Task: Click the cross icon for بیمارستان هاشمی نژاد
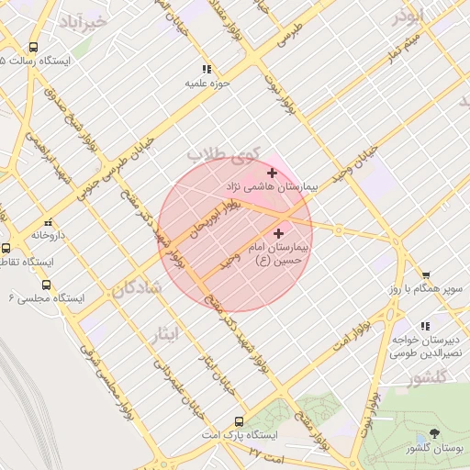pos(272,173)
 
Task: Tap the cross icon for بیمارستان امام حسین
pos(279,234)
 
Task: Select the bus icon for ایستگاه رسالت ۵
pos(34,47)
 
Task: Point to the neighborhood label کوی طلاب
pos(224,153)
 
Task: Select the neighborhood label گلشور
pos(426,377)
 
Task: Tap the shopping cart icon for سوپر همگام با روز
pos(426,274)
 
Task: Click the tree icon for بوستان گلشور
pos(435,433)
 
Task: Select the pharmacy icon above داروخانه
pos(48,221)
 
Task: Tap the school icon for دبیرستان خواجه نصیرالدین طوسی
pos(424,326)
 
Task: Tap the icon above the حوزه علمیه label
pos(207,69)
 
